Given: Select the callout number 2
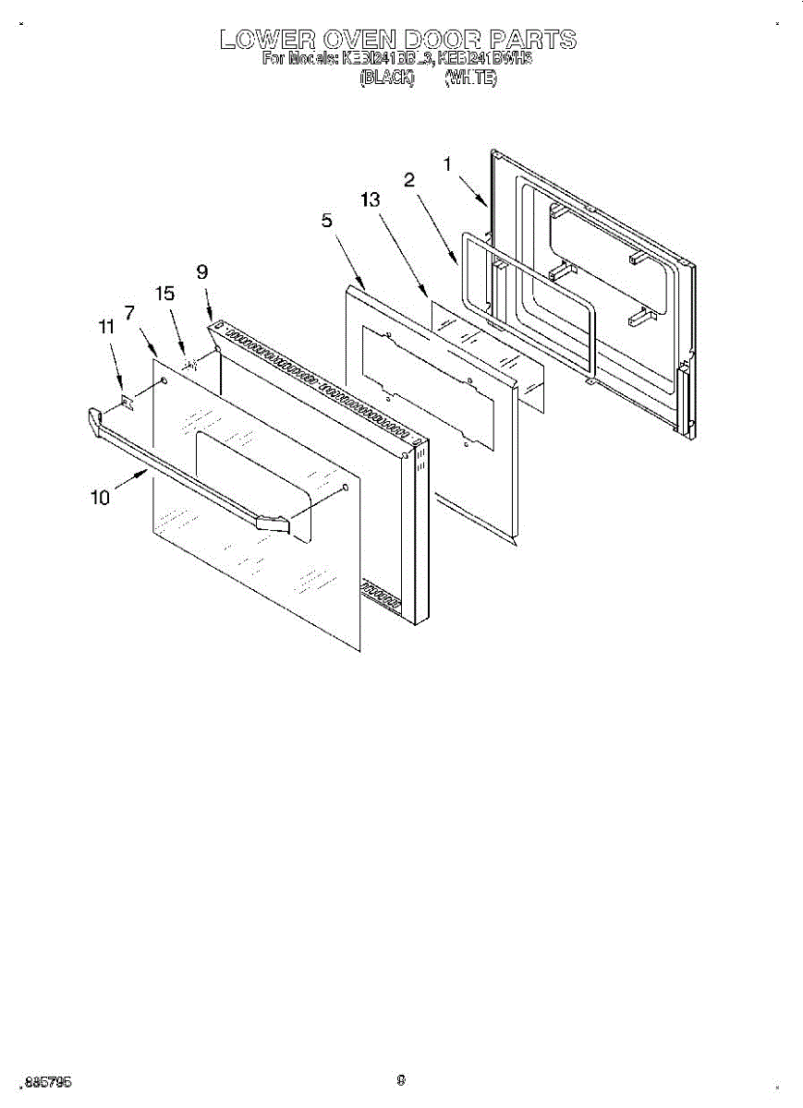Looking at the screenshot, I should pos(408,180).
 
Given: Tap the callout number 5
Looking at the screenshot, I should pos(327,220).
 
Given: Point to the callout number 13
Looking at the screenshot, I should pos(371,200).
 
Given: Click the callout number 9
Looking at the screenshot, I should pos(202,271).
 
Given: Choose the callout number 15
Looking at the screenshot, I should pos(164,294).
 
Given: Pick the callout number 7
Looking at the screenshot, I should pos(130,312).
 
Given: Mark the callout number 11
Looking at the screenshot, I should pos(107,326).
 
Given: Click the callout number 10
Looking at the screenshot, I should pos(100,498).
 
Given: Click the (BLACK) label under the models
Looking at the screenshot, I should pos(385,79).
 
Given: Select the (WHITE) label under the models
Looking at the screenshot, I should pos(471,79).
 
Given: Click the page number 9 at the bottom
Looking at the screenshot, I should pos(401,1079).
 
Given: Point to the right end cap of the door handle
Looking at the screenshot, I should pos(273,524).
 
